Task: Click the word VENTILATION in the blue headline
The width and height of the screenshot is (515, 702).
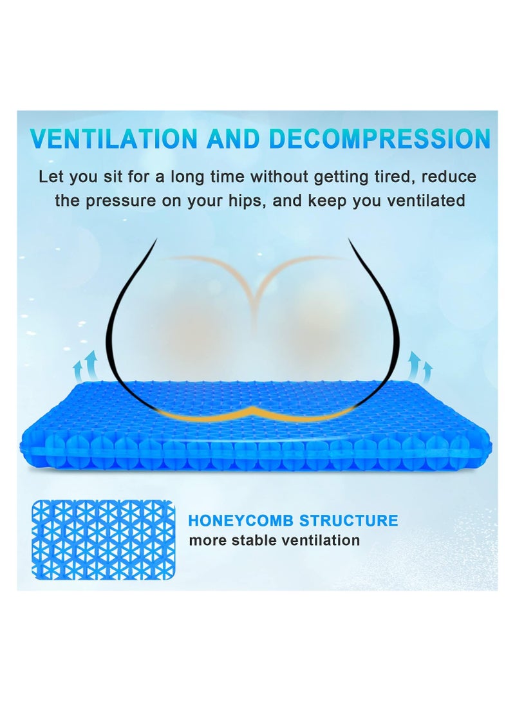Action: click(x=113, y=138)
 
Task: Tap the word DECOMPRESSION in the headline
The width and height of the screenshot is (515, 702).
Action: click(x=380, y=138)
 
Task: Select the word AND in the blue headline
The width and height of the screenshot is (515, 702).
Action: click(x=233, y=138)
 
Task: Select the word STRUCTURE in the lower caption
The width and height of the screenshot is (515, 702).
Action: click(x=348, y=521)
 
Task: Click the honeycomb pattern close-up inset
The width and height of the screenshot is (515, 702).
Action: click(x=104, y=540)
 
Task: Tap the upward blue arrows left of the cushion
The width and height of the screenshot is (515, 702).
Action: click(x=86, y=365)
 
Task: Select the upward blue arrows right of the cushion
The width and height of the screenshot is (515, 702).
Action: click(x=420, y=365)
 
